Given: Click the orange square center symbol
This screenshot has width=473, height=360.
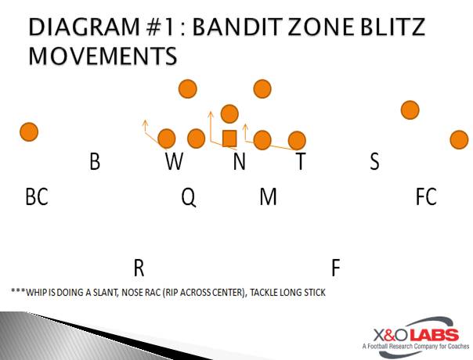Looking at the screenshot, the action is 229,139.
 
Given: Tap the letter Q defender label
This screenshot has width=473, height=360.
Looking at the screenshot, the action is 189,197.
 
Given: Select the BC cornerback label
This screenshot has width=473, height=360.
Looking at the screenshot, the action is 37,196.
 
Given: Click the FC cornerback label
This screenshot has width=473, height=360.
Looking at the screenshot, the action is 426,196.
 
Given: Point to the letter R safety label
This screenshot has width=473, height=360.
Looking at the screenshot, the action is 139,268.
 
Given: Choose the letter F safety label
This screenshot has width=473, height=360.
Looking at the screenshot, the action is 336,268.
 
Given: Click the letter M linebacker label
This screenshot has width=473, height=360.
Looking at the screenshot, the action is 268,196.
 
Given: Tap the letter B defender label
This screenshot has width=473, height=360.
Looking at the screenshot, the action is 95,161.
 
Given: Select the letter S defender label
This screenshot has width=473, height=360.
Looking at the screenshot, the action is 374,161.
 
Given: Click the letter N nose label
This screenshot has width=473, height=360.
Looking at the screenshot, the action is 239,161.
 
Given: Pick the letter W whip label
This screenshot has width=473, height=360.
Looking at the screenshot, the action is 174,161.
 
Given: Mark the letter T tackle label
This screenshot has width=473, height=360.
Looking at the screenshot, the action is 301,161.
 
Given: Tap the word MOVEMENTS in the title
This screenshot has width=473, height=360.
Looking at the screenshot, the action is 103,56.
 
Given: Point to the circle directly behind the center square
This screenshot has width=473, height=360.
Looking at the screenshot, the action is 229,113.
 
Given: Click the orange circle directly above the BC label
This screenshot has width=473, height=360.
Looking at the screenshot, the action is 29,131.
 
